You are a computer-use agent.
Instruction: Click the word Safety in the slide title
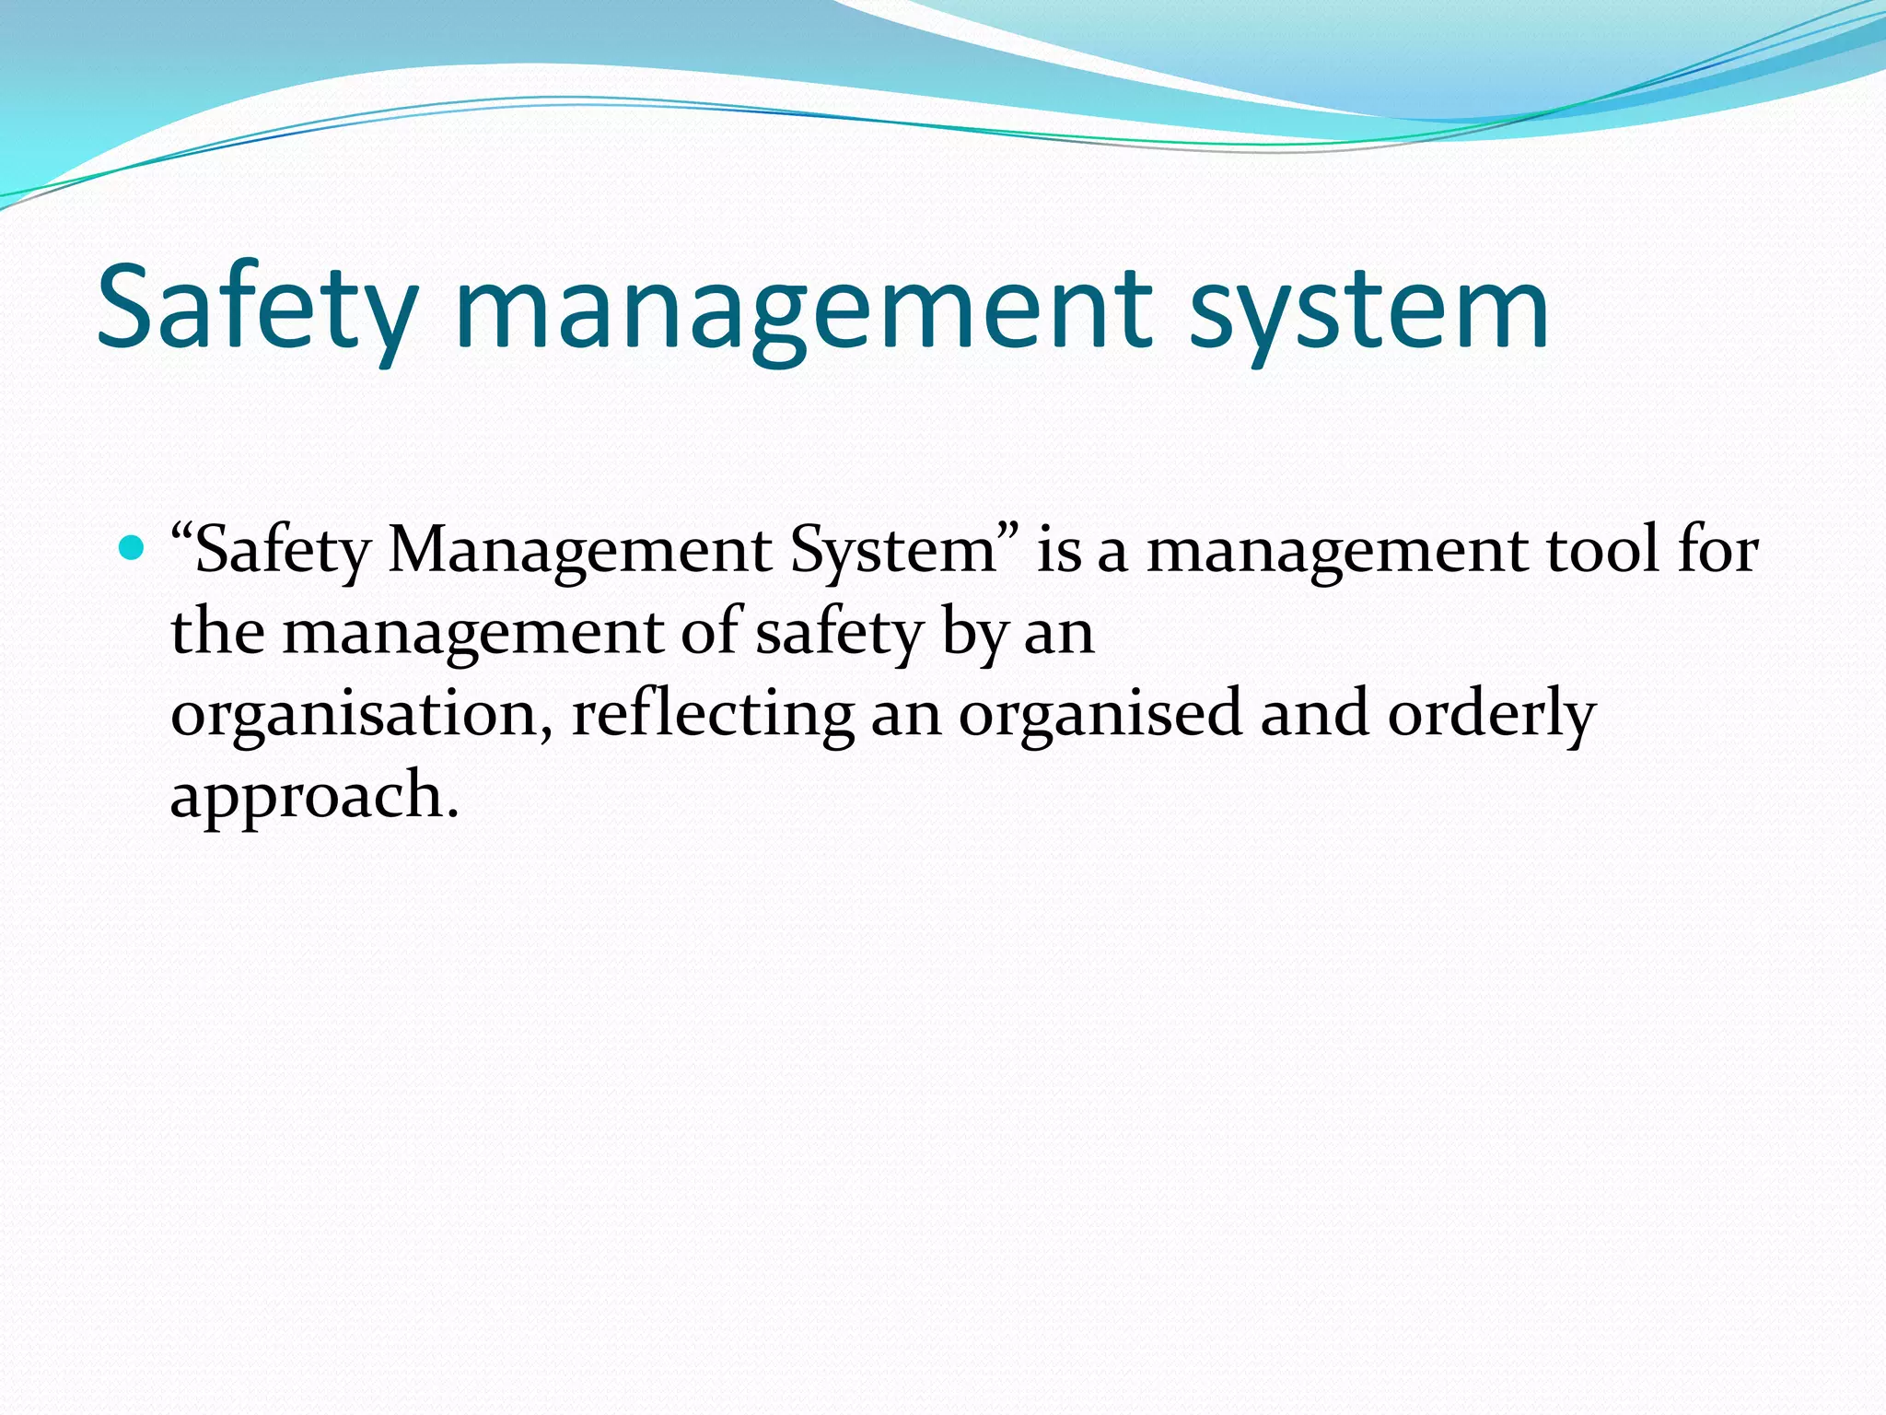coord(258,309)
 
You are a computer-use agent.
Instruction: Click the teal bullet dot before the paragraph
coord(134,549)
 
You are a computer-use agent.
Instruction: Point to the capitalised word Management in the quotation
coord(580,551)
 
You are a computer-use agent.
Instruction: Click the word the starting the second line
coord(217,633)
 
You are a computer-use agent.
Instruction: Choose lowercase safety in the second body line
coord(839,633)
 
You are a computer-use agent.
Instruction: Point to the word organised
coord(1100,715)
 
